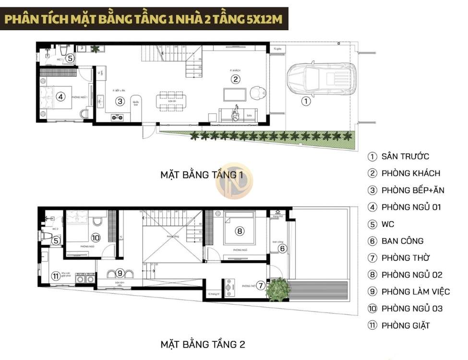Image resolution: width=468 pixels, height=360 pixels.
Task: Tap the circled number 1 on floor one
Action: point(306,101)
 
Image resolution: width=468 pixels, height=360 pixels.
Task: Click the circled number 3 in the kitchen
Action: point(120,101)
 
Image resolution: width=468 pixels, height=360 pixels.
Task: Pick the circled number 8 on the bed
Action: point(240,231)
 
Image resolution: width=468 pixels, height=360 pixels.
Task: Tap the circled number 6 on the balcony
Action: point(282,248)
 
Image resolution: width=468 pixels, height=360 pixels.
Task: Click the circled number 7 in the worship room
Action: point(261,286)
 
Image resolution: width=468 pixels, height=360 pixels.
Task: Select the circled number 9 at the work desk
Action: point(120,273)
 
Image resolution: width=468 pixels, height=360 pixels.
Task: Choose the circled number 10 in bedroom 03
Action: point(95,237)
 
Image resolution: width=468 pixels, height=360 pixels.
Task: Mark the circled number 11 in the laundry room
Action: point(56,276)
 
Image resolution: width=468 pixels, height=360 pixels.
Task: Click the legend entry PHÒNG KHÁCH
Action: point(410,173)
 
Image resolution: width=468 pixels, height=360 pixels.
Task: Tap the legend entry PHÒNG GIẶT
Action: point(406,325)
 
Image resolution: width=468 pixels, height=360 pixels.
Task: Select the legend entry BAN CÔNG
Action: point(402,241)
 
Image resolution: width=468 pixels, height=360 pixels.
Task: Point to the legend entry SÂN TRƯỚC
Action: point(405,156)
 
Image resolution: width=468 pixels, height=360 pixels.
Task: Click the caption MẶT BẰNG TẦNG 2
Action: point(203,344)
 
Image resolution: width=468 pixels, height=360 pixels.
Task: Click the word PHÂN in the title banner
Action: point(24,19)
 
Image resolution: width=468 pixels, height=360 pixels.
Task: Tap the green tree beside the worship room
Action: point(278,288)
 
